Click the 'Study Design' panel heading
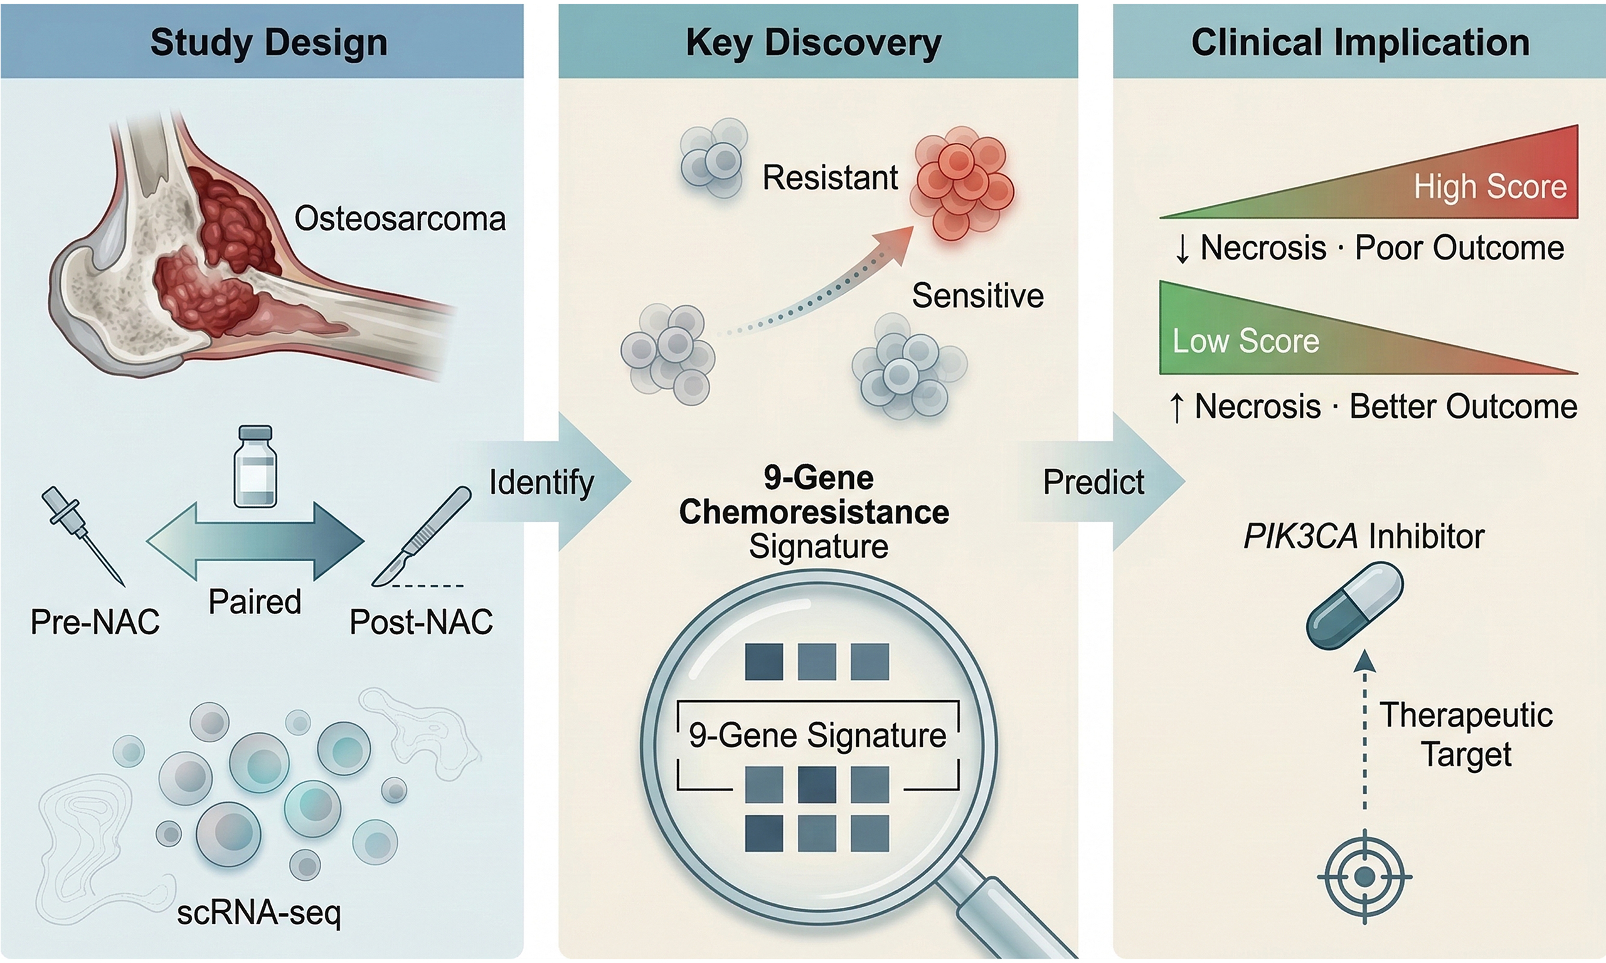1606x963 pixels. [269, 43]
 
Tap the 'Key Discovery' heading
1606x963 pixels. [814, 43]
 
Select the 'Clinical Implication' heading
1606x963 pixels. [1360, 43]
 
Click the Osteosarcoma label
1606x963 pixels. [400, 219]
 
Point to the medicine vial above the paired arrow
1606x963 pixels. [255, 466]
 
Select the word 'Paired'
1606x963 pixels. [255, 601]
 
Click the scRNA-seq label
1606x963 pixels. [258, 912]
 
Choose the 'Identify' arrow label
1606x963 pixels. [541, 482]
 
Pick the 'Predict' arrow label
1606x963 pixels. [1093, 482]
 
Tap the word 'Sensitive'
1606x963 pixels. [977, 296]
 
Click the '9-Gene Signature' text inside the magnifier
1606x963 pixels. [817, 735]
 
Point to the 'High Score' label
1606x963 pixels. [1491, 187]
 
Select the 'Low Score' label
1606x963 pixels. [1246, 340]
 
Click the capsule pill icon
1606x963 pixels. [1356, 606]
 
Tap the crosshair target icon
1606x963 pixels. [1364, 876]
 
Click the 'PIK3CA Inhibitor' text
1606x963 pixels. [1364, 537]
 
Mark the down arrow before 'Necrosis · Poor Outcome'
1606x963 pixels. [1183, 248]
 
